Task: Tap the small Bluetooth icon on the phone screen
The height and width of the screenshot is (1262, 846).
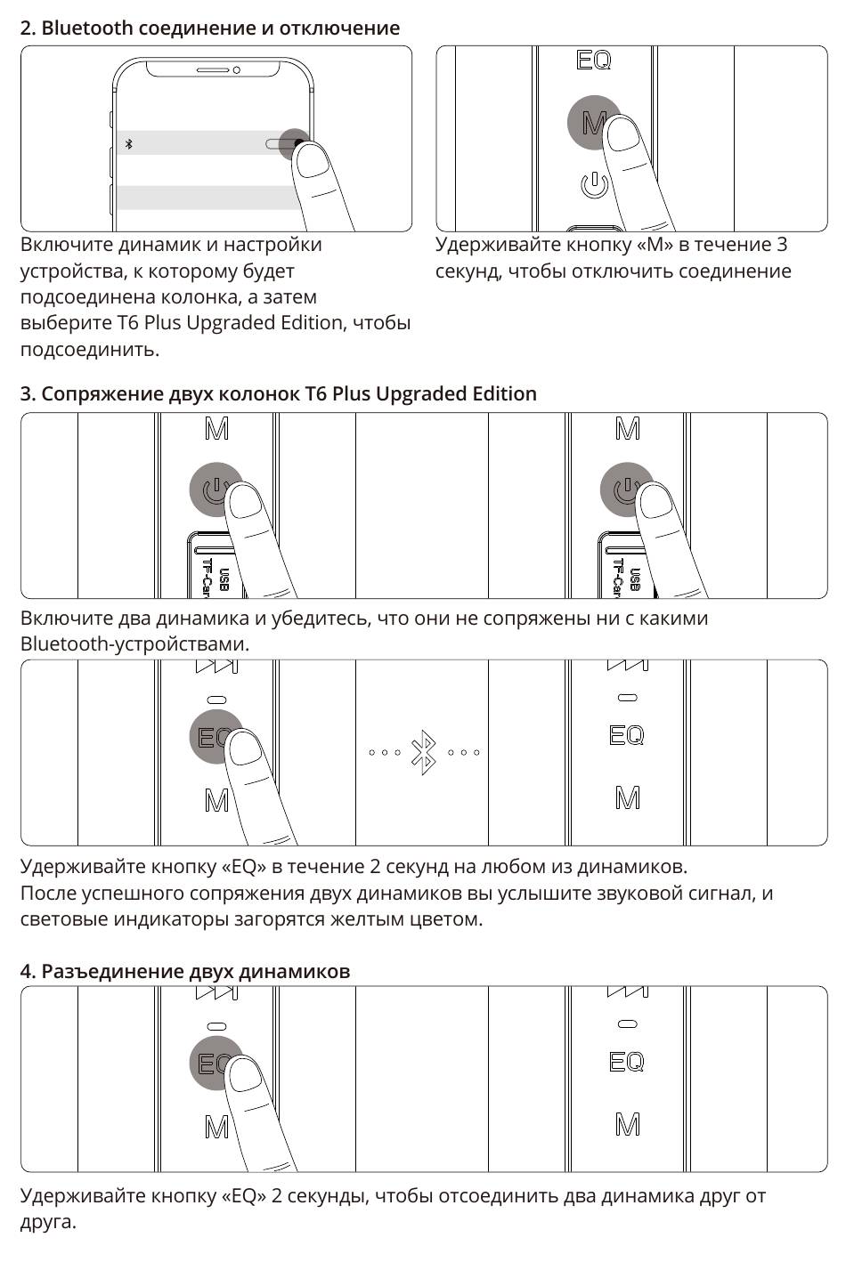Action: pyautogui.click(x=129, y=143)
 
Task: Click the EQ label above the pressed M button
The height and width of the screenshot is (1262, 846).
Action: pyautogui.click(x=594, y=61)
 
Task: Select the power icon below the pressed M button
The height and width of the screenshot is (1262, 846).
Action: pyautogui.click(x=594, y=185)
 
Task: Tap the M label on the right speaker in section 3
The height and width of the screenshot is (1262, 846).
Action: pyautogui.click(x=627, y=430)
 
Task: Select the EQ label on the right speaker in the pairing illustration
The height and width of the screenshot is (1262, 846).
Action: pyautogui.click(x=626, y=735)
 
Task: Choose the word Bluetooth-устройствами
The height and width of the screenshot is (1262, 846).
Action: pyautogui.click(x=134, y=643)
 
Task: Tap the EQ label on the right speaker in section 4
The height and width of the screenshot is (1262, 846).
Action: pyautogui.click(x=626, y=1062)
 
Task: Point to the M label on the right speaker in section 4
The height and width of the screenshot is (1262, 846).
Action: pyautogui.click(x=627, y=1125)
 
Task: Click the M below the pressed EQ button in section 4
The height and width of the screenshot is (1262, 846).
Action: pyautogui.click(x=216, y=1128)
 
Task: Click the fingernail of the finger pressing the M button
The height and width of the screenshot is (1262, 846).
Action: pyautogui.click(x=623, y=134)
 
